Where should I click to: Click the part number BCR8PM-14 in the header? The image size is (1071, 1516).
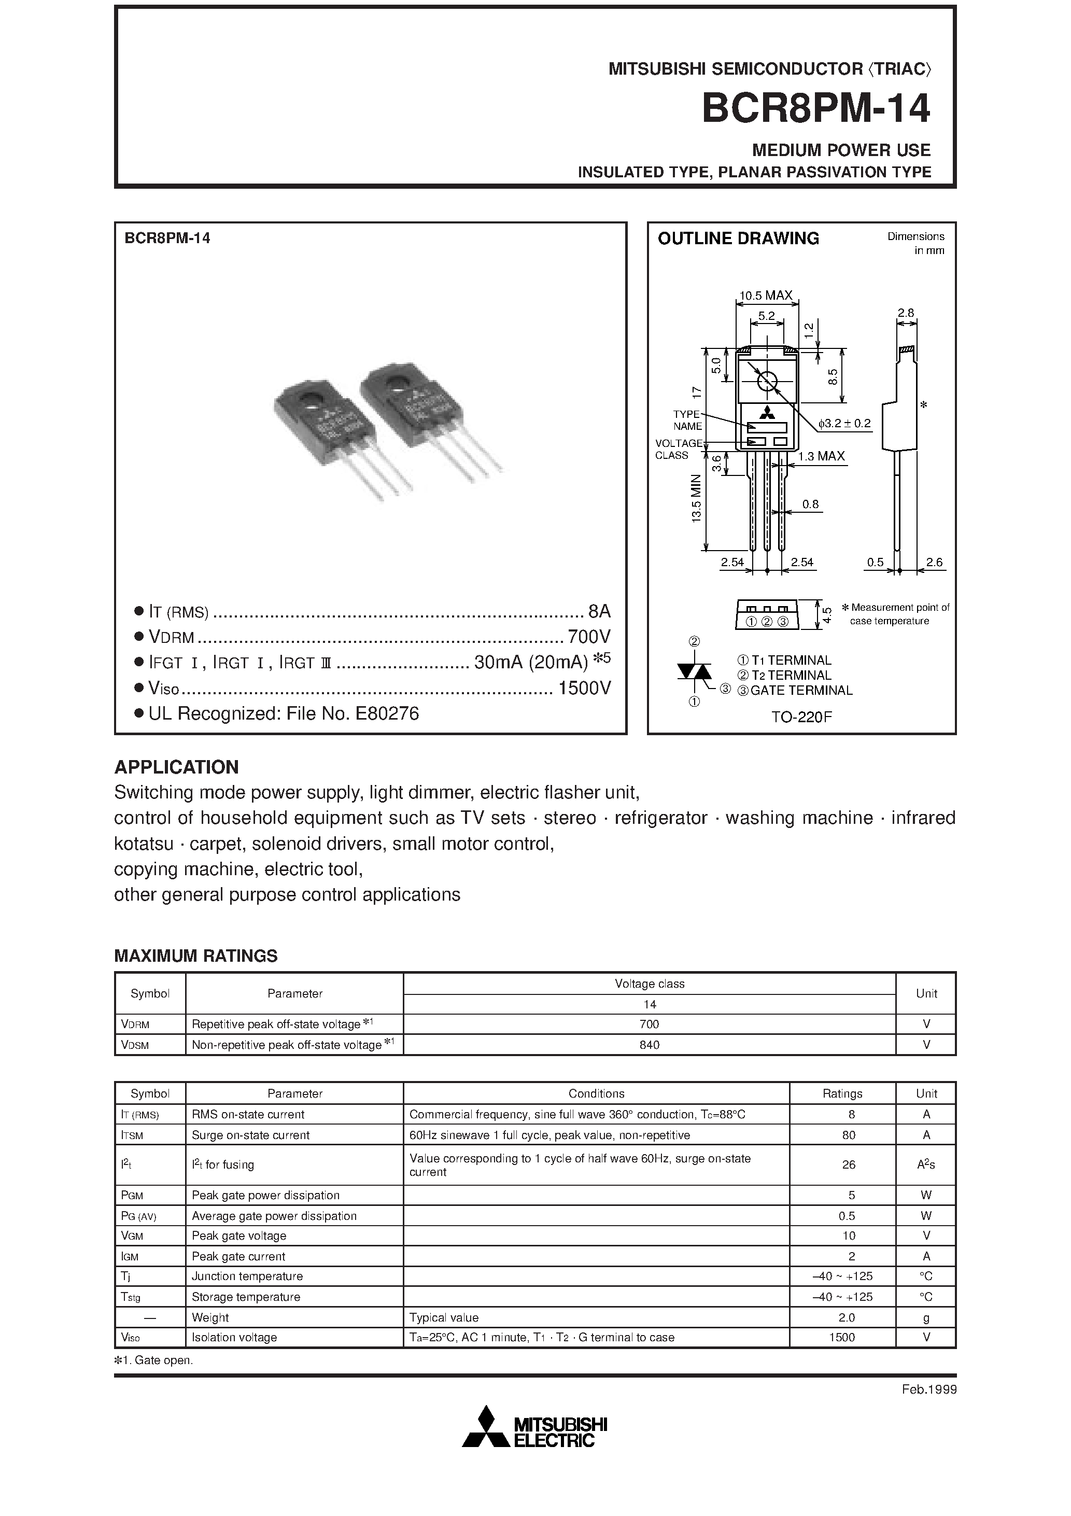(815, 108)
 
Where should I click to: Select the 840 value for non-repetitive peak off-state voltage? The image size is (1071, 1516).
(649, 1045)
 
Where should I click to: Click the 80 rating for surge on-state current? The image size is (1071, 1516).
(849, 1135)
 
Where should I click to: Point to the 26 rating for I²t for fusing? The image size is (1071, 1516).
(849, 1164)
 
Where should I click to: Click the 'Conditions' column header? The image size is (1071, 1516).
(596, 1093)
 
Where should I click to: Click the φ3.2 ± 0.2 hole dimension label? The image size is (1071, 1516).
(844, 423)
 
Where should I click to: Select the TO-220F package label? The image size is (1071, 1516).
(801, 717)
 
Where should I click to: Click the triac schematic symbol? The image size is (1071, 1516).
(694, 671)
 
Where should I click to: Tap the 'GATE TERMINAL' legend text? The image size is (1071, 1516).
(801, 691)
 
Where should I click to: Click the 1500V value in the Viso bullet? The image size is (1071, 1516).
(584, 688)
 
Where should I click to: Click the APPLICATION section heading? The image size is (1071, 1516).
(176, 767)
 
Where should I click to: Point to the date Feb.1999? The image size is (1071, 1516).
(929, 1389)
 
